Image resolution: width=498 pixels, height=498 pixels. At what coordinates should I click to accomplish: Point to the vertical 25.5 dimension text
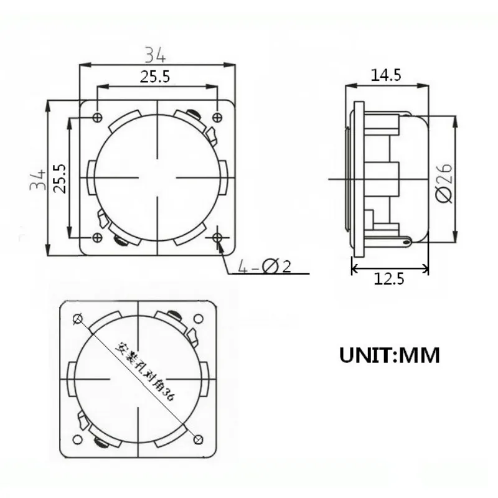coord(60,179)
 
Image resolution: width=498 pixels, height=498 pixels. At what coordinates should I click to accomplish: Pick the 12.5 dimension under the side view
coord(390,280)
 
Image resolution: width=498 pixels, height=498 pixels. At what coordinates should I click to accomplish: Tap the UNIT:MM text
coord(390,355)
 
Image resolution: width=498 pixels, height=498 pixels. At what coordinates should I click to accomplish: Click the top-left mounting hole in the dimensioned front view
coord(96,118)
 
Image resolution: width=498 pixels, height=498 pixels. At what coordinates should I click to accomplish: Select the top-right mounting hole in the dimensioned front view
coord(217,118)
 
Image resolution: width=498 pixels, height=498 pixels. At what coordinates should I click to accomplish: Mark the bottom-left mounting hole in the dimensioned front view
coord(96,238)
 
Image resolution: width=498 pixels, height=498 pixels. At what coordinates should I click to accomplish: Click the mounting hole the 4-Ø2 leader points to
coord(217,237)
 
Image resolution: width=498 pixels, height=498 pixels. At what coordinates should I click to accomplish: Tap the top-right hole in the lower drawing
coord(198,319)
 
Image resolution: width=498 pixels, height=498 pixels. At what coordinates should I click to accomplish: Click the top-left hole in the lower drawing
coord(78,319)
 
